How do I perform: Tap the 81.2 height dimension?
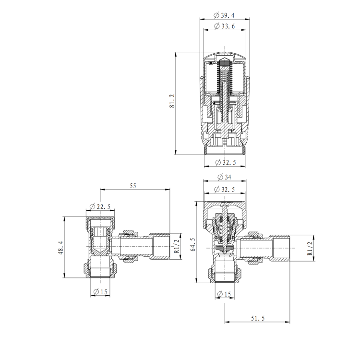click(x=172, y=101)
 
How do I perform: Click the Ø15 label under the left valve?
click(x=100, y=292)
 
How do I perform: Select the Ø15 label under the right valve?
click(x=225, y=293)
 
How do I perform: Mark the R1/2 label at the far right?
click(x=310, y=249)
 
